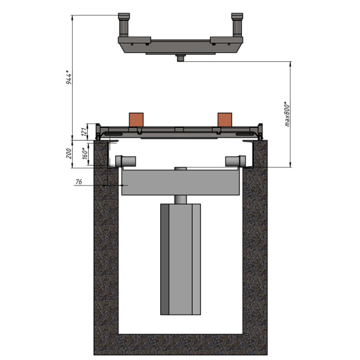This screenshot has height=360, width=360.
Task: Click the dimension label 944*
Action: (x=69, y=79)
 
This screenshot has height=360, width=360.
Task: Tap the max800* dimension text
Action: (x=287, y=114)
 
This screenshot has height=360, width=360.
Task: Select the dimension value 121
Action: (x=85, y=131)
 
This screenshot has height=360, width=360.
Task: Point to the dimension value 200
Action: (x=68, y=154)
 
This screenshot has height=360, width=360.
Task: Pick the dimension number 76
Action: (x=79, y=182)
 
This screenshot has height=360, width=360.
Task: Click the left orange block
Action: (x=136, y=119)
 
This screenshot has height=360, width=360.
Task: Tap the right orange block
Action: (x=225, y=119)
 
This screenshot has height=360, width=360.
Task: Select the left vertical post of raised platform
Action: (x=124, y=25)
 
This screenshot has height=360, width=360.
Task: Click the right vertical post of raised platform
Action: (x=237, y=25)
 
